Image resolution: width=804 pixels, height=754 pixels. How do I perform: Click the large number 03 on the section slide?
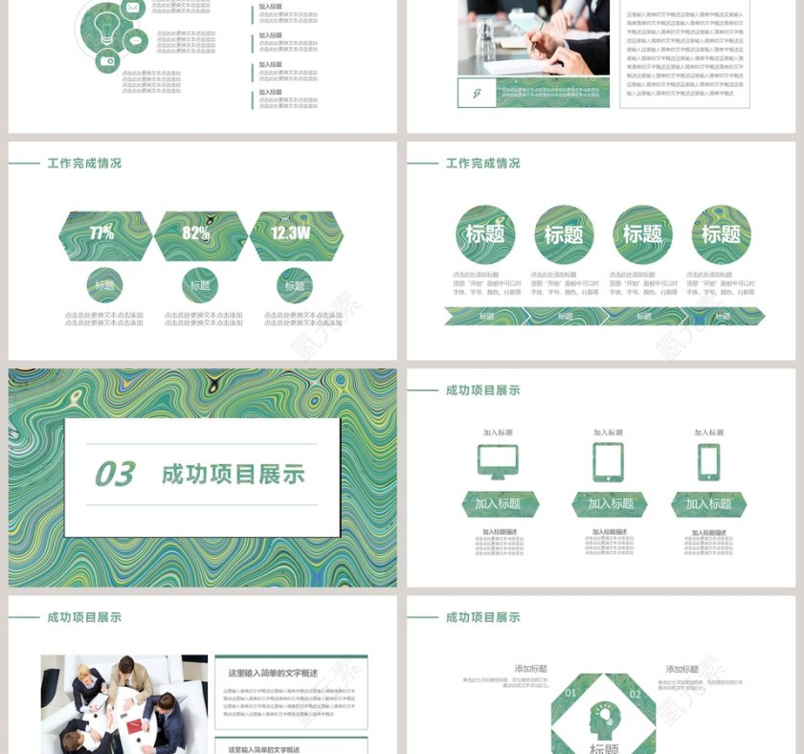pos(115,474)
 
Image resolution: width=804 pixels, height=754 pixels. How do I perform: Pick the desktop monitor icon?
pos(498,461)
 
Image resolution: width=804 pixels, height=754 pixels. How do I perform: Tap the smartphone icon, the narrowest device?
pos(708,461)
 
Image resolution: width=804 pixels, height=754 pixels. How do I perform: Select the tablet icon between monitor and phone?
pos(608,461)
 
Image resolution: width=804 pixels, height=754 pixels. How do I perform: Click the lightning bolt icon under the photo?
pos(476,93)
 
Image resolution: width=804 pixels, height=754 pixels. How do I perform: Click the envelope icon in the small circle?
pos(133,9)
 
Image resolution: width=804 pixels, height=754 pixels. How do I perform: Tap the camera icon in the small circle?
pos(107,61)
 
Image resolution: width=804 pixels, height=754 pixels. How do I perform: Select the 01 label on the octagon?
pos(571,693)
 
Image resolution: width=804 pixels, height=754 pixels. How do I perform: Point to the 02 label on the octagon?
pos(636,694)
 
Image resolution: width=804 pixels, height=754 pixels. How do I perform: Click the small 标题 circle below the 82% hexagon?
pos(199,285)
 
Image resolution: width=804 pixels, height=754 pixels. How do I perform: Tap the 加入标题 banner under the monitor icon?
pos(498,504)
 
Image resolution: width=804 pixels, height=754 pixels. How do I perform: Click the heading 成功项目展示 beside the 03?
pos(233,474)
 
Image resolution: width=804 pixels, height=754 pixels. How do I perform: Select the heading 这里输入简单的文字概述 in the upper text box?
pos(273,674)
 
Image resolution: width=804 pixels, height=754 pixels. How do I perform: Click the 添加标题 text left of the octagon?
pos(530,669)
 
